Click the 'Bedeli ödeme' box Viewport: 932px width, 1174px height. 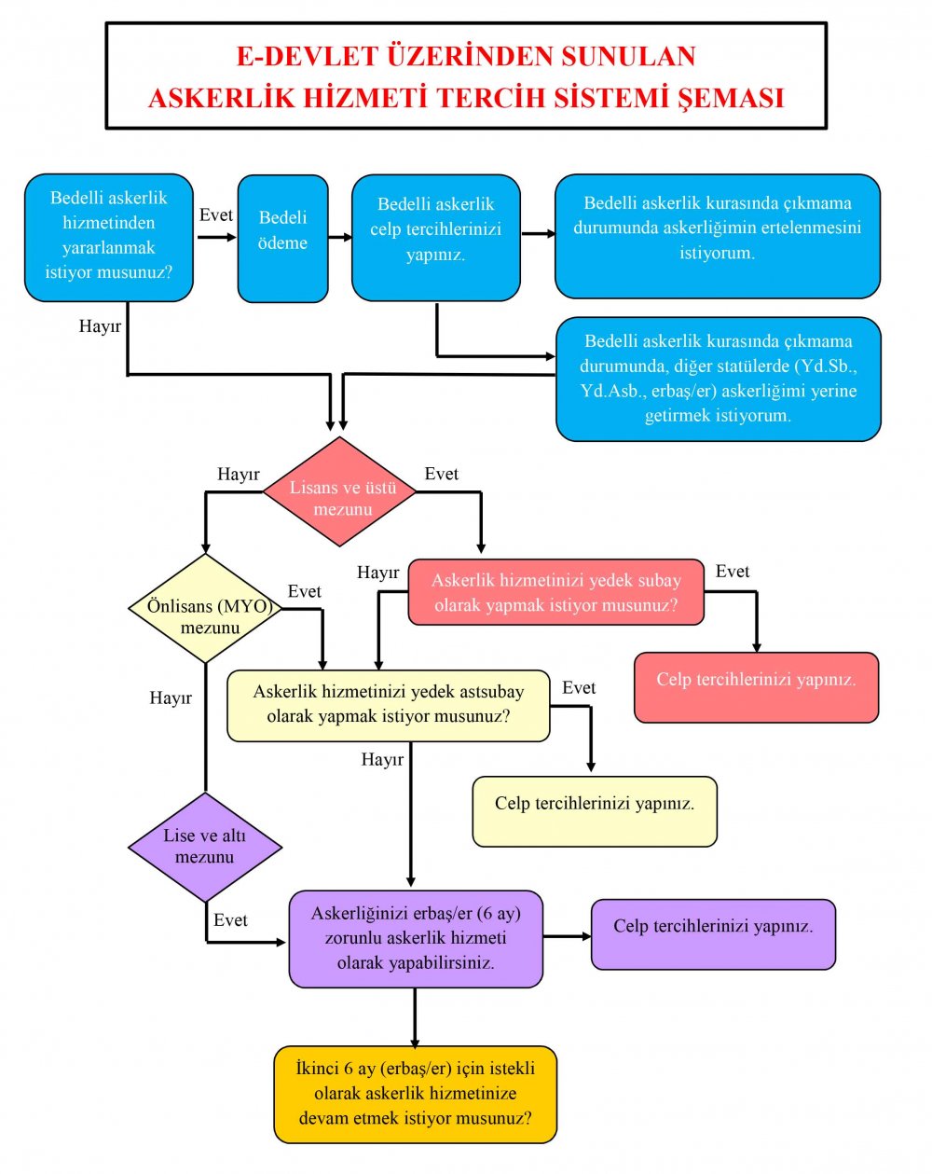pos(282,239)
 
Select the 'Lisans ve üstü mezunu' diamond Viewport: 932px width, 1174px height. pos(339,491)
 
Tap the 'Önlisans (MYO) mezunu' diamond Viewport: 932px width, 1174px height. pos(206,608)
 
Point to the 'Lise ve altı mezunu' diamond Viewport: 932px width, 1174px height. pos(205,848)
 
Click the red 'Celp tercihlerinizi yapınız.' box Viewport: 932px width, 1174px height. pos(756,687)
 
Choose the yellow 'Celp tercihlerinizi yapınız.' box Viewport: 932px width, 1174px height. pos(595,811)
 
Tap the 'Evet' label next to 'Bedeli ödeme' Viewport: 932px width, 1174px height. pos(216,215)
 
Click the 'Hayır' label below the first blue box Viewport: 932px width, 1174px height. pos(100,325)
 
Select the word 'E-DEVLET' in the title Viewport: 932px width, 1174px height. pos(307,56)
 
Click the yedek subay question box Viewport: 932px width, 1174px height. pos(556,592)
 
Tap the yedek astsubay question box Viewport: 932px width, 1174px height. pos(389,706)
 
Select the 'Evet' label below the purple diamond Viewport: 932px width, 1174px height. pos(230,920)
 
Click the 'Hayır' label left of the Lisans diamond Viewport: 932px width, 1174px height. pos(239,474)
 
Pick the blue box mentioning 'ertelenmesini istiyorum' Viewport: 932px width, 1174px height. pos(717,236)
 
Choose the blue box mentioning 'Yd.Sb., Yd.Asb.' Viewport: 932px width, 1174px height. pos(719,380)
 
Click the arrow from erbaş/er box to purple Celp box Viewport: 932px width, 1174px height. pos(568,937)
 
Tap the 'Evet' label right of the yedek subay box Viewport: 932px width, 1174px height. pos(733,572)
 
